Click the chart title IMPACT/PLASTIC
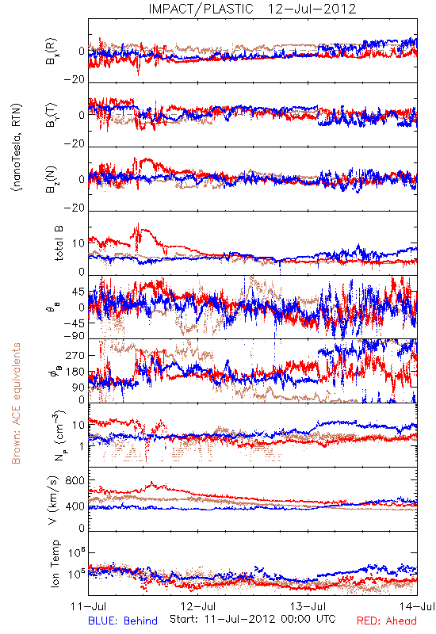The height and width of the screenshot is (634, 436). click(201, 9)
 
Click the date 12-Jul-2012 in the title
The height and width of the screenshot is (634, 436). click(312, 9)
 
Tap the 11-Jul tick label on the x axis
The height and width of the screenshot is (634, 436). click(88, 606)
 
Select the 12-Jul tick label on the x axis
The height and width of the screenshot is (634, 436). click(198, 606)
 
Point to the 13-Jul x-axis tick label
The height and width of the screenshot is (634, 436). click(308, 606)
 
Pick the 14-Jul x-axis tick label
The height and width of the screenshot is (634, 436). click(418, 606)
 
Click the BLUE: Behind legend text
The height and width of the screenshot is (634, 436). click(123, 621)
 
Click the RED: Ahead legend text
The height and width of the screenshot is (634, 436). click(387, 621)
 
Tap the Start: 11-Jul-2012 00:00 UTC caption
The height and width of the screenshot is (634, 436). click(252, 619)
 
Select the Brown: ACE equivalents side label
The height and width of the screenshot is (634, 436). click(16, 403)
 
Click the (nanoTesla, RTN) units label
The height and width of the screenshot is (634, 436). click(17, 147)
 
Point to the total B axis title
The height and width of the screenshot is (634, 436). click(59, 243)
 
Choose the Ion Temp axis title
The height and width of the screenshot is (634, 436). click(55, 563)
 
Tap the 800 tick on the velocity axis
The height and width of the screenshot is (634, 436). click(75, 480)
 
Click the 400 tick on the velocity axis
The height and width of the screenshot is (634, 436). click(75, 506)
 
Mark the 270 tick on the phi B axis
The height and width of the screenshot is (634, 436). click(75, 355)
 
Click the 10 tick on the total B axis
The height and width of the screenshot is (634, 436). click(78, 243)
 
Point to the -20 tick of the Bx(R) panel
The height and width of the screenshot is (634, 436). click(74, 79)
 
